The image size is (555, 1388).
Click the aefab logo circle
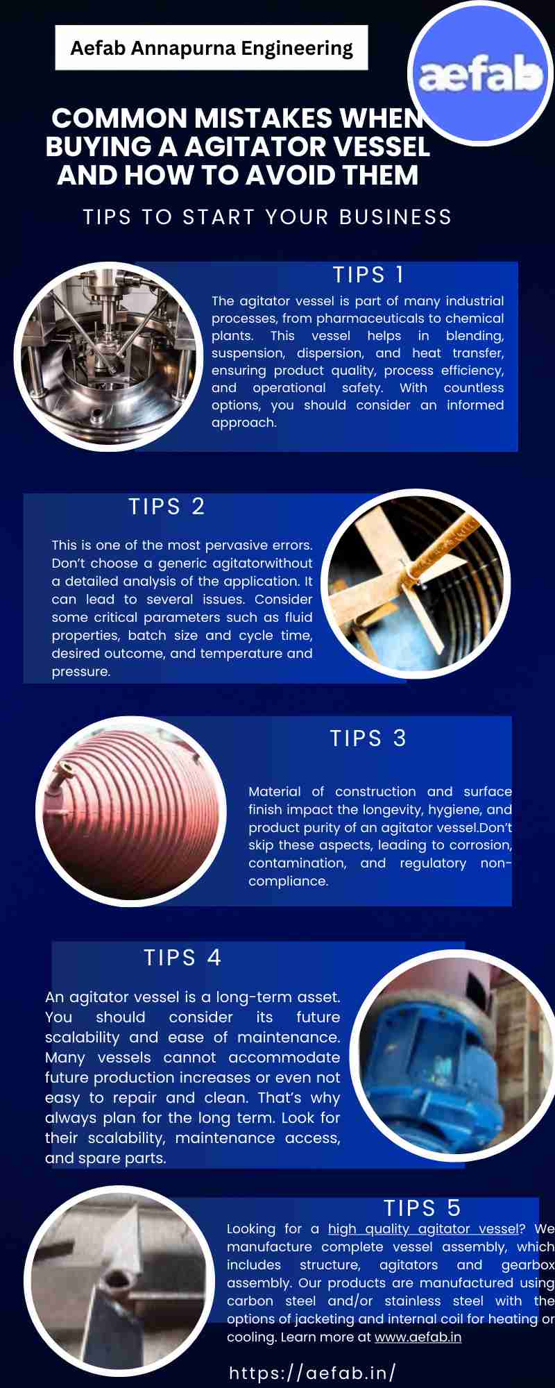pyautogui.click(x=481, y=74)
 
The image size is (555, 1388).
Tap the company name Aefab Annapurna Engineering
pyautogui.click(x=212, y=48)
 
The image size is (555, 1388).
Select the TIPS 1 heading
pyautogui.click(x=368, y=275)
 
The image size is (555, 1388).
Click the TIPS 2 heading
pyautogui.click(x=166, y=507)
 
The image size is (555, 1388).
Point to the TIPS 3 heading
pyautogui.click(x=368, y=738)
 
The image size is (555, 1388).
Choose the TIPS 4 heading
pyautogui.click(x=182, y=958)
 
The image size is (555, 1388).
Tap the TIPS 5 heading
pyautogui.click(x=422, y=1208)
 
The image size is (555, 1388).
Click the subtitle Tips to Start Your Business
pyautogui.click(x=267, y=217)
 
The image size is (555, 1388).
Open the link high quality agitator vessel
pyautogui.click(x=423, y=1229)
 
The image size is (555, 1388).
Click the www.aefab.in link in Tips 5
pyautogui.click(x=418, y=1337)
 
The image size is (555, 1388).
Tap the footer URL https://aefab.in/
pyautogui.click(x=312, y=1373)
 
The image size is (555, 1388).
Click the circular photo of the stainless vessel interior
pyautogui.click(x=108, y=357)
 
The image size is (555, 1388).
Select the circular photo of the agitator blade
pyautogui.click(x=416, y=584)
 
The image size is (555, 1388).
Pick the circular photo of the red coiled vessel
pyautogui.click(x=131, y=811)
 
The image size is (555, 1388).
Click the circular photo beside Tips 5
pyautogui.click(x=120, y=1281)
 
